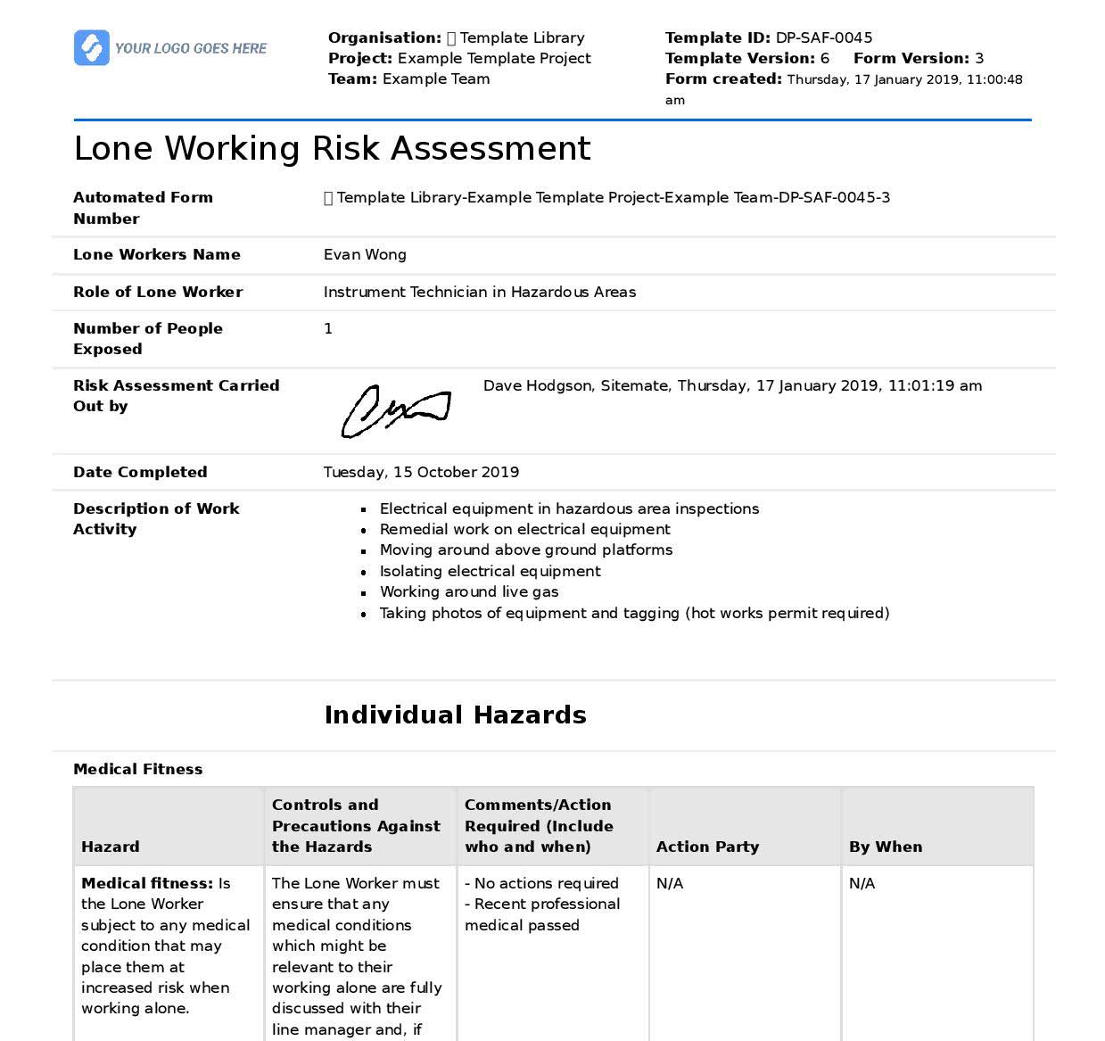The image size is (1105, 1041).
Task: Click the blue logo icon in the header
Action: click(x=91, y=47)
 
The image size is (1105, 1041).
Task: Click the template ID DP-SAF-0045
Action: click(x=823, y=37)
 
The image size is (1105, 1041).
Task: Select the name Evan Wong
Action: click(x=365, y=254)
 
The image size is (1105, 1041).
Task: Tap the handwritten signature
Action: click(x=395, y=411)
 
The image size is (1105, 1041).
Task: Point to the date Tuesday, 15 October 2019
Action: click(x=421, y=472)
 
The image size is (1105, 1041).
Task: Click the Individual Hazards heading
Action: click(x=455, y=715)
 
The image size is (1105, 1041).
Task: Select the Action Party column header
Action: click(x=707, y=847)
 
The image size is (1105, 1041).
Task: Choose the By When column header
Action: click(x=885, y=847)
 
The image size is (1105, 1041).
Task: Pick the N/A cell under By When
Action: click(x=862, y=883)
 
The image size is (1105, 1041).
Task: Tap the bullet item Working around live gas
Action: click(x=469, y=591)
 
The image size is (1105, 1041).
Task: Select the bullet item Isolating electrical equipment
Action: click(x=490, y=571)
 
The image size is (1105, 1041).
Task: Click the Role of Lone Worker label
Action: click(x=158, y=292)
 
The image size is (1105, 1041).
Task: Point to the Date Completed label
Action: click(x=140, y=472)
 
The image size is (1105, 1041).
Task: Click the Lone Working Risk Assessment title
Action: click(x=332, y=148)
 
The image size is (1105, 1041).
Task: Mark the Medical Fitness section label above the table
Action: click(x=137, y=769)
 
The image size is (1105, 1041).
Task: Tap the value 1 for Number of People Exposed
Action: click(x=328, y=328)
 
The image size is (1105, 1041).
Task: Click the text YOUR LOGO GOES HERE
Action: click(x=191, y=48)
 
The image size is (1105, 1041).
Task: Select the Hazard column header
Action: click(x=110, y=847)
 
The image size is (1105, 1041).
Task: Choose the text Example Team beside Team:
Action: click(x=436, y=78)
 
